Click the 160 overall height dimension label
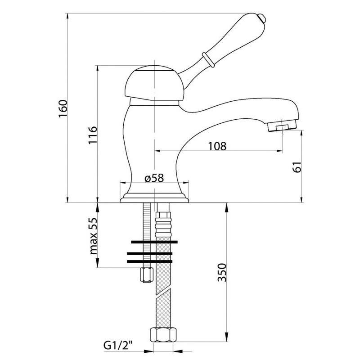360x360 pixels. (63, 108)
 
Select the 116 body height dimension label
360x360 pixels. (93, 135)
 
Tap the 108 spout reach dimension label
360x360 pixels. (217, 146)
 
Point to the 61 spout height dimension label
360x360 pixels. (297, 166)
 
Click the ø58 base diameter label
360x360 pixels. (154, 178)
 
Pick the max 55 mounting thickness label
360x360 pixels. (94, 236)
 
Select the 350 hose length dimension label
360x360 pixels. (222, 272)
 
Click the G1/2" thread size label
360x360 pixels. (118, 345)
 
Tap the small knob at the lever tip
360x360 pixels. (261, 18)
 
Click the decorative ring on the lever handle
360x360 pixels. (208, 60)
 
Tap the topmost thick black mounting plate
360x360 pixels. (154, 242)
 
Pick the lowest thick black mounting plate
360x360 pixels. (149, 261)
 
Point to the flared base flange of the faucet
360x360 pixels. (154, 198)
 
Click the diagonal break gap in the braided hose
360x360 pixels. (163, 292)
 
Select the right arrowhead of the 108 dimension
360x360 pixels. (280, 151)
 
